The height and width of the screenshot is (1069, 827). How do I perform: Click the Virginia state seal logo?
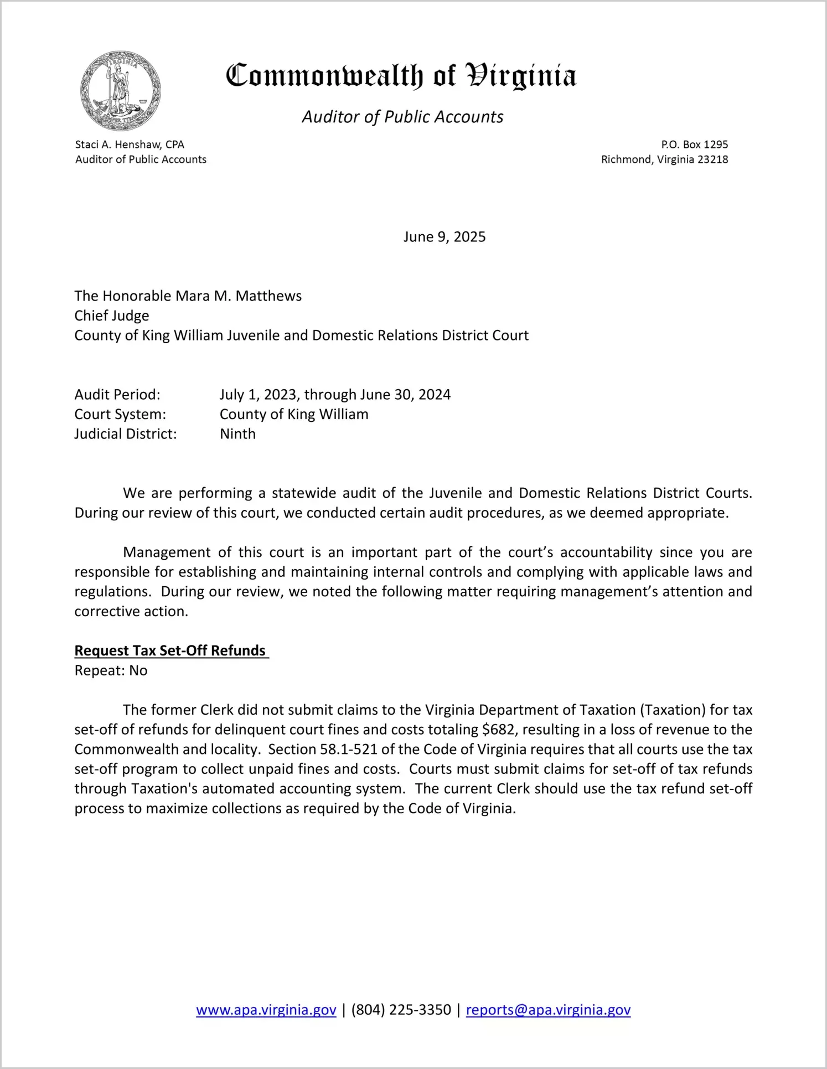click(120, 91)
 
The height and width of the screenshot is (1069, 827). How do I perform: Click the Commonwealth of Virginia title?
click(401, 76)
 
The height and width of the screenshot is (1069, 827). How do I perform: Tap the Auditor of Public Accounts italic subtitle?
click(402, 117)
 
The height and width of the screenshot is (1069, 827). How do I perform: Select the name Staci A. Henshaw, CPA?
click(130, 144)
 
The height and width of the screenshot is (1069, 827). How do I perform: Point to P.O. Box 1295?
click(694, 144)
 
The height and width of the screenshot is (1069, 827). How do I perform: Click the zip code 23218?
click(712, 159)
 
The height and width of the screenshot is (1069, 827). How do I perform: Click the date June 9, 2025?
click(444, 237)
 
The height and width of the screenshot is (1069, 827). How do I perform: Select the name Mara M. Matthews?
click(238, 296)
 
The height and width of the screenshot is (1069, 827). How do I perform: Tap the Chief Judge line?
click(112, 316)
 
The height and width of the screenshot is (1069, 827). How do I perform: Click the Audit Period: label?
click(117, 395)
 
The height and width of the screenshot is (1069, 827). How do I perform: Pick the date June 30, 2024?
click(405, 395)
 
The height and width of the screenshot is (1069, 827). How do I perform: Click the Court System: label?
click(120, 415)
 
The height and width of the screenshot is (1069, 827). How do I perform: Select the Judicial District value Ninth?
click(237, 434)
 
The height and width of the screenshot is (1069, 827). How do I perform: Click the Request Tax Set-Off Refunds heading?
click(170, 650)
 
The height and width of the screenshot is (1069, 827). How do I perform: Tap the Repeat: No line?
click(111, 670)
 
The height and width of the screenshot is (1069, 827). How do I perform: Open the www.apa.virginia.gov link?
click(266, 1010)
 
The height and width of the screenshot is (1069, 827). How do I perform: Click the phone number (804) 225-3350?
click(401, 1010)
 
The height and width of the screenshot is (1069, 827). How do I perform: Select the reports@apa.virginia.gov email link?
click(548, 1010)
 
